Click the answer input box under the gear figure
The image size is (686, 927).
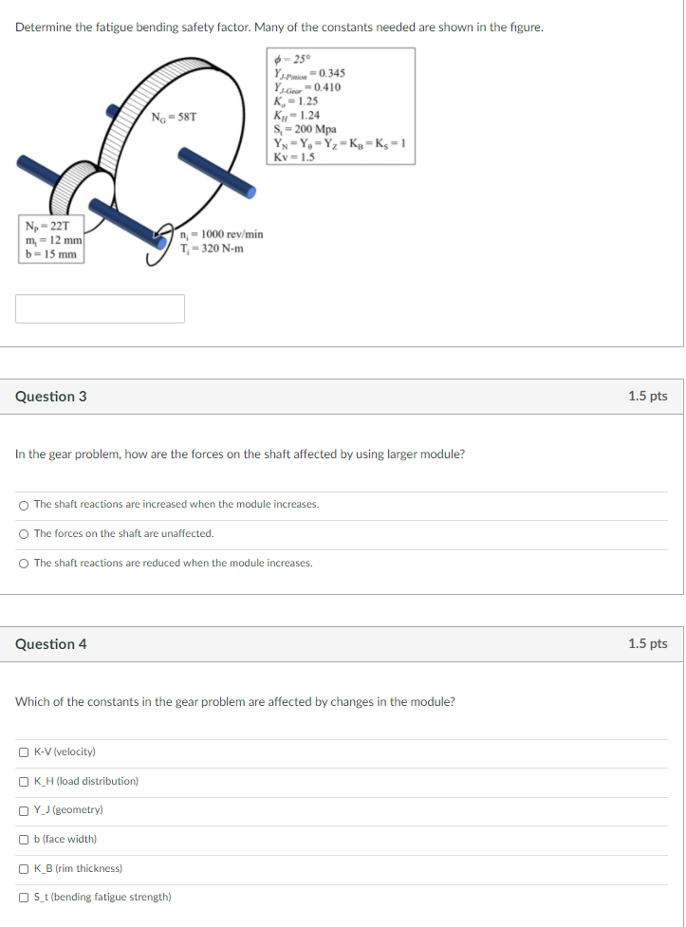coord(100,308)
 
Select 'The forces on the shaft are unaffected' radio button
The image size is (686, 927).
coord(24,533)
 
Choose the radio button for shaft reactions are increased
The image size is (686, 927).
coord(24,504)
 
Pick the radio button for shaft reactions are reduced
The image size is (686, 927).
coord(24,563)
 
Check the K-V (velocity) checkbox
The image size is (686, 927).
coord(24,751)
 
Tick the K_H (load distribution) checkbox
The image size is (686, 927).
coord(24,781)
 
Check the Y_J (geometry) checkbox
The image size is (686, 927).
coord(24,810)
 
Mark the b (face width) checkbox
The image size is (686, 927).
coord(24,839)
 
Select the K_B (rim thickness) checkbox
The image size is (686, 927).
coord(24,868)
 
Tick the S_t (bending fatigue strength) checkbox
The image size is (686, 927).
coord(24,897)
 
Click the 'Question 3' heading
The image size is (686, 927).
coord(51,397)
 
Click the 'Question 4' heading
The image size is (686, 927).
coord(51,644)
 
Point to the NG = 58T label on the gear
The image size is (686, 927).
coord(174,118)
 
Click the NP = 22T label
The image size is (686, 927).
coord(46,227)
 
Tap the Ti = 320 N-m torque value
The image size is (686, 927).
coord(212,249)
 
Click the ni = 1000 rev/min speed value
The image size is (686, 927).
coord(221,234)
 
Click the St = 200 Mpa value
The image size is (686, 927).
coord(305,129)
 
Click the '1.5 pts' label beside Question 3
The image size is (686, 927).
coord(647,397)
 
